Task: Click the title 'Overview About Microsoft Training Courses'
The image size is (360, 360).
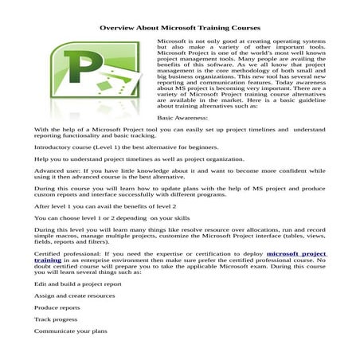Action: pyautogui.click(x=179, y=27)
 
